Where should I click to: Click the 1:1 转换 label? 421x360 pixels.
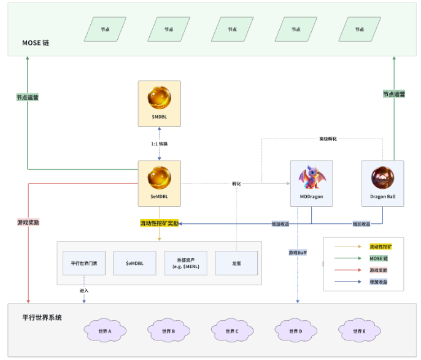click(x=160, y=145)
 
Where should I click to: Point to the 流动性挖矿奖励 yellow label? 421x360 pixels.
click(x=160, y=223)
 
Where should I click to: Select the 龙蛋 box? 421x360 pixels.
click(x=236, y=263)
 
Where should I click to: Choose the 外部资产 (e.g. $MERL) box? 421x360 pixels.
click(x=185, y=263)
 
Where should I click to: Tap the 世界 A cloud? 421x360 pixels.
click(x=105, y=331)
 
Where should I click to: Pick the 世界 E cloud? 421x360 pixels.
click(x=359, y=331)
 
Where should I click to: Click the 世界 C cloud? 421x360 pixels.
click(x=232, y=331)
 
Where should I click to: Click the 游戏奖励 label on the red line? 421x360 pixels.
click(x=28, y=222)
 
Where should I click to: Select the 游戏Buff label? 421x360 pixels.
click(x=298, y=252)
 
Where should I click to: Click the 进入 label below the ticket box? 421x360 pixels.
click(x=84, y=290)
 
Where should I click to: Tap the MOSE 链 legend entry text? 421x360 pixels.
click(x=379, y=258)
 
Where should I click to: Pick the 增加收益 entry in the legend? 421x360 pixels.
click(x=379, y=282)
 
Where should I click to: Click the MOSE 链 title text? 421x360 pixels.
click(x=36, y=43)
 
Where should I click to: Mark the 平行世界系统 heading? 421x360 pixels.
click(x=42, y=318)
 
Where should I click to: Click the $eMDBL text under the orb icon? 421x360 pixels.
click(x=160, y=196)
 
